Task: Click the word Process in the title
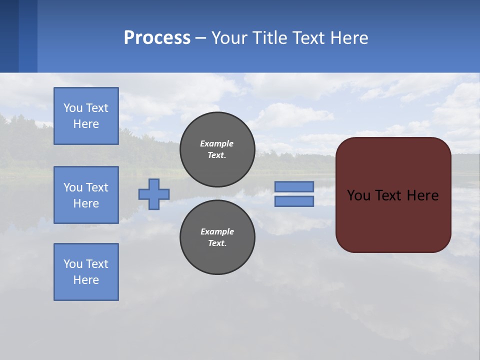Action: click(x=157, y=38)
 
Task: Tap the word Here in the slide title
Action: click(x=348, y=38)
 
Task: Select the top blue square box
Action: click(x=86, y=116)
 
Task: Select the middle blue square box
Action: click(x=86, y=195)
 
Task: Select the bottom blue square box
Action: click(x=86, y=272)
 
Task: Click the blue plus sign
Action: click(x=154, y=194)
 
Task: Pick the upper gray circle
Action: click(x=217, y=149)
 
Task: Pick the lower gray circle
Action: click(x=217, y=237)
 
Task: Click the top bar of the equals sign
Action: click(x=294, y=186)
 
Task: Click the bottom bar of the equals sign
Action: click(x=294, y=201)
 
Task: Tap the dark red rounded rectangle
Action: click(x=393, y=220)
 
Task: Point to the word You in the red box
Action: click(x=358, y=195)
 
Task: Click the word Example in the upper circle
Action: click(x=216, y=143)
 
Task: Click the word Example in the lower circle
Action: click(x=217, y=231)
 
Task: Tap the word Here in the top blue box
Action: click(x=86, y=124)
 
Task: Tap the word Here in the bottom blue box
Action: click(x=86, y=280)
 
